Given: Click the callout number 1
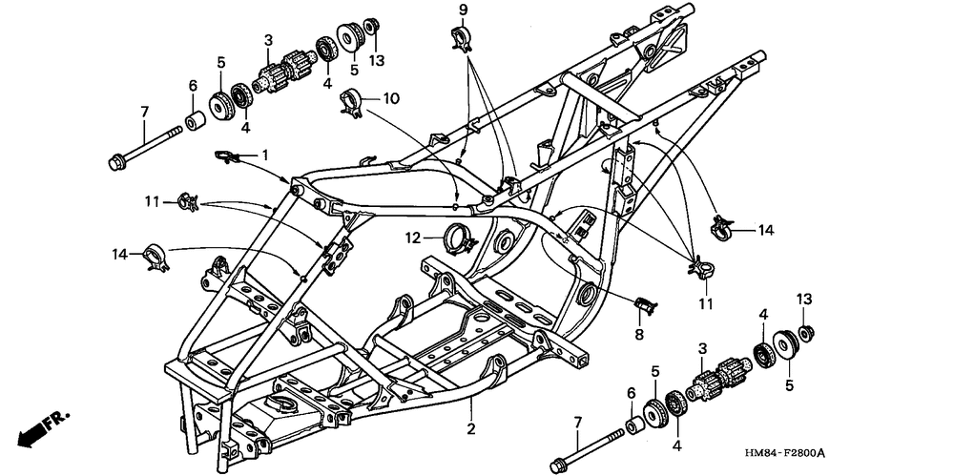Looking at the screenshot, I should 265,154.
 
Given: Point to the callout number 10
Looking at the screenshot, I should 391,98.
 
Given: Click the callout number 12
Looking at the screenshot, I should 412,237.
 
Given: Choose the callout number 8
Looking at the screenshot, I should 640,335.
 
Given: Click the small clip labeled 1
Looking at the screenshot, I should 226,156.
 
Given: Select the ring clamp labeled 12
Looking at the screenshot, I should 458,235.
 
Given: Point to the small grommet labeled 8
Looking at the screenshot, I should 646,304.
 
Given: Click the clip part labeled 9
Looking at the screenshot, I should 462,40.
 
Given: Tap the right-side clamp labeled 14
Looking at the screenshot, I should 724,228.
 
